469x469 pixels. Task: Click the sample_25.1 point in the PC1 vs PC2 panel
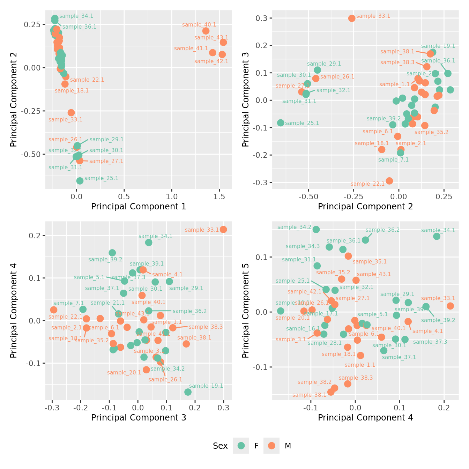coord(80,181)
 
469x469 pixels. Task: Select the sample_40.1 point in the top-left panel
coord(206,31)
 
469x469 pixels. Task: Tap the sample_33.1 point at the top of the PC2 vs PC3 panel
coord(352,18)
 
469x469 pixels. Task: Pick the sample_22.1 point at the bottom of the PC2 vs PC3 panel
coord(389,181)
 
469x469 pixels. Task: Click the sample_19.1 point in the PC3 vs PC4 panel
coord(188,392)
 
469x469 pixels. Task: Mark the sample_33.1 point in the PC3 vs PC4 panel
coord(223,229)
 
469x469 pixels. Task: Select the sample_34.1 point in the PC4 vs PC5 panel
coord(437,236)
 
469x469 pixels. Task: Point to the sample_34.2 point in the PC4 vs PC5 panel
coord(316,229)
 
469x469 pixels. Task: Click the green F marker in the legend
coord(241,446)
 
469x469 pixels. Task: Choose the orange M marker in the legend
coord(271,446)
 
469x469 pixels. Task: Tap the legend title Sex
coord(220,446)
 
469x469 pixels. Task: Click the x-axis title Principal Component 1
coord(139,207)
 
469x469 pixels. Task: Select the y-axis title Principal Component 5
coord(246,310)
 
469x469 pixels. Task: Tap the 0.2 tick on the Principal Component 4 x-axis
coord(444,408)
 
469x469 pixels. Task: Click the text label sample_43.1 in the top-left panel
coord(211,38)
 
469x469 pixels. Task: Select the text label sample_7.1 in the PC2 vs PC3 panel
coord(393,160)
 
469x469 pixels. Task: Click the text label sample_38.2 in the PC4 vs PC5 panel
coord(315,382)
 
